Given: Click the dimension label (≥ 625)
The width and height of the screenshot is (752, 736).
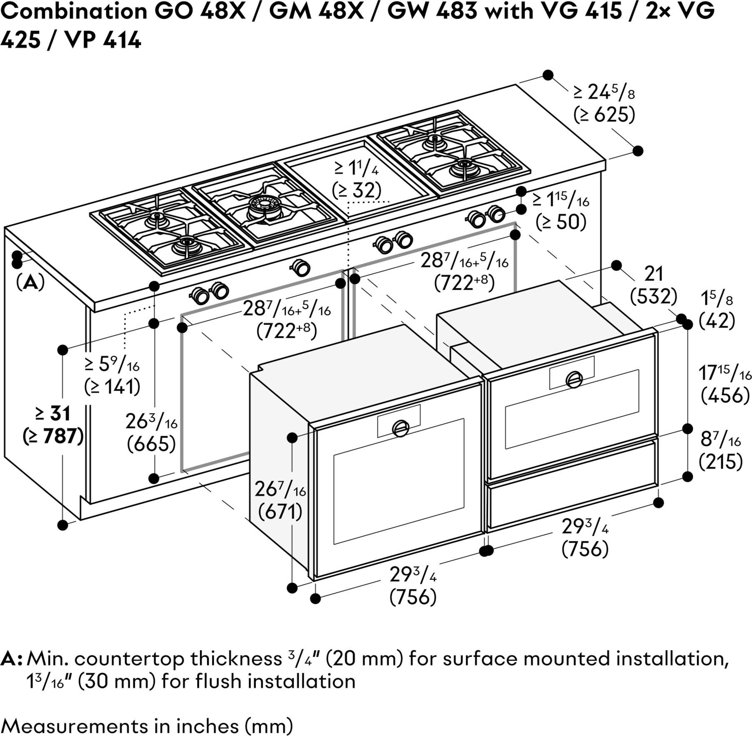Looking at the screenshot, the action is [604, 115].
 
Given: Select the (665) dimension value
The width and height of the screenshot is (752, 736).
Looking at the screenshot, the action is [151, 443].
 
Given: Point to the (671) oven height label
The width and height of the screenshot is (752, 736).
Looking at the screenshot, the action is [280, 511].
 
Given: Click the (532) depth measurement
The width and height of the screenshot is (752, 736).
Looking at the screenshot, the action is [653, 296].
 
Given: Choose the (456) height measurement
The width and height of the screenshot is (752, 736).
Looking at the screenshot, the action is [725, 395].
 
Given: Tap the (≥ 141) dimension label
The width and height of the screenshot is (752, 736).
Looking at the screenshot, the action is [112, 387].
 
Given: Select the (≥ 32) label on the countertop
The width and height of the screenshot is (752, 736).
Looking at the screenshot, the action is [357, 190].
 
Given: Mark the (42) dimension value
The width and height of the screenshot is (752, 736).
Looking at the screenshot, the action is [717, 320].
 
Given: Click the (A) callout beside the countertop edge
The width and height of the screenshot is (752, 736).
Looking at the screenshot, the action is [30, 283].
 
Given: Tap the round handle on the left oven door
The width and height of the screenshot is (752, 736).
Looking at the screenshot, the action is [401, 428].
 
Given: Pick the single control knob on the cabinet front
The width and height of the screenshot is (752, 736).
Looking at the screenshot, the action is [301, 267].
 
